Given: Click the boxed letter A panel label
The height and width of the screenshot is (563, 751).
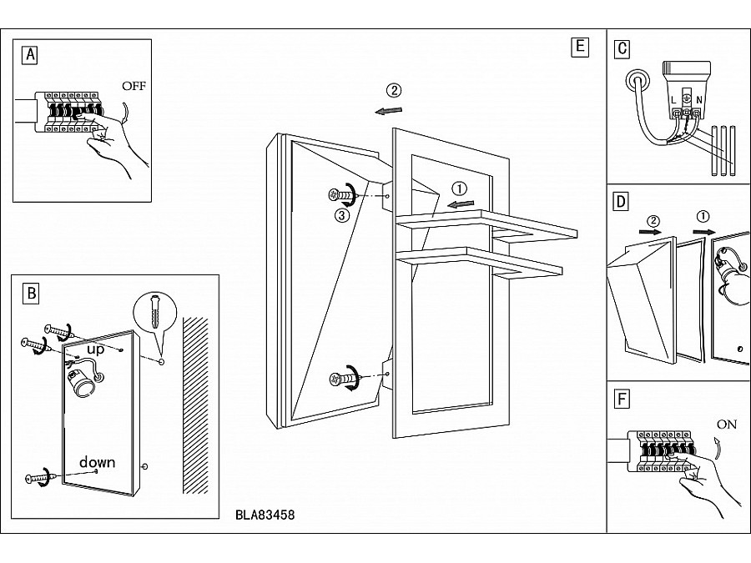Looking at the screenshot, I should (30, 55).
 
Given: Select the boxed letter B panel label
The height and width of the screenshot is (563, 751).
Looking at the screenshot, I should (31, 292).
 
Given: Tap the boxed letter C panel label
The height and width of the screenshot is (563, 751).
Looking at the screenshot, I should (621, 48).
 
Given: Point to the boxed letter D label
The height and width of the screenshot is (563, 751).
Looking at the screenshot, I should (620, 202).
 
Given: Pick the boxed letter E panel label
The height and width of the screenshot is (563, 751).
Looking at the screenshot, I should (579, 47).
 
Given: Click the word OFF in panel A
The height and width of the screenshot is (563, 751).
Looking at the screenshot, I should (134, 86).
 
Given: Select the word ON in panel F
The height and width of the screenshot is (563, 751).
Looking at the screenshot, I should (727, 424).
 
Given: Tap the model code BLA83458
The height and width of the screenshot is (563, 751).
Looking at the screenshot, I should (265, 515).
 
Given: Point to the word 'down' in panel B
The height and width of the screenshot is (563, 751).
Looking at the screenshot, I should (98, 462).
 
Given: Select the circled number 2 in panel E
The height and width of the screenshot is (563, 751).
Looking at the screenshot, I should (394, 90).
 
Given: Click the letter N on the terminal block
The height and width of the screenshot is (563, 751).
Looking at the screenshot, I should (698, 99).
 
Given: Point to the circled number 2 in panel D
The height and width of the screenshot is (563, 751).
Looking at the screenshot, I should (655, 220).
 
